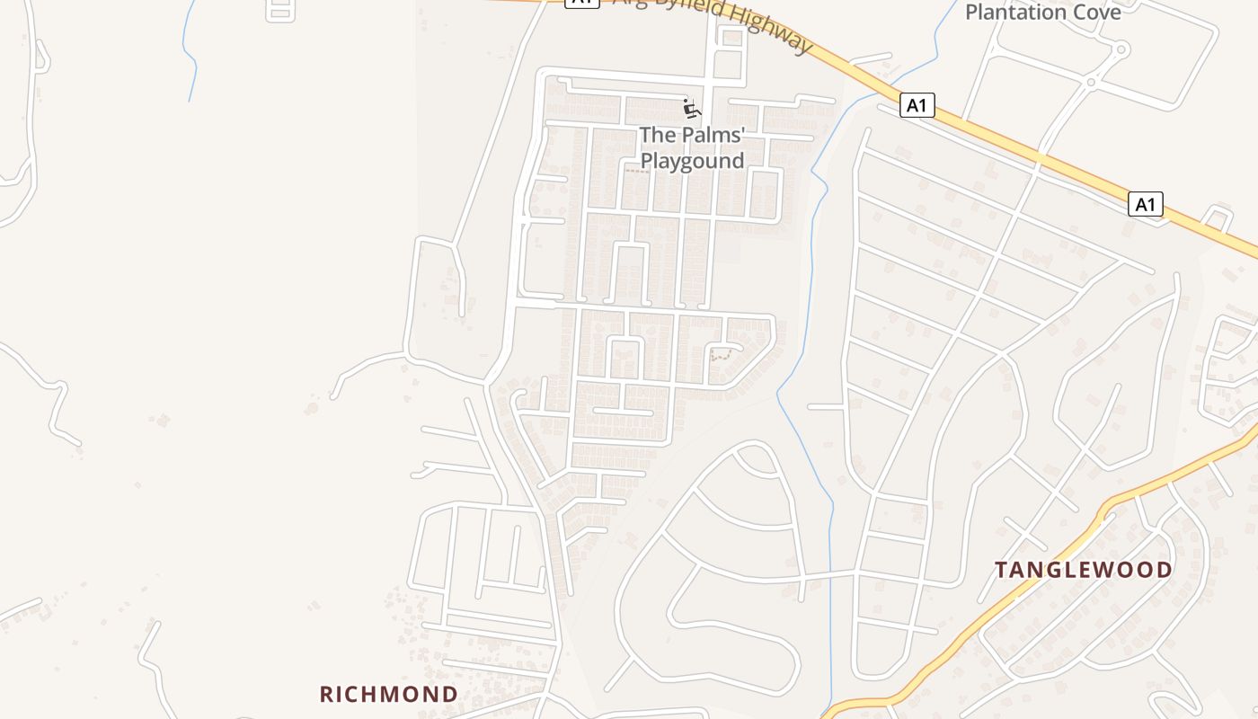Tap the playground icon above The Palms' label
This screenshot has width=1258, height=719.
690,109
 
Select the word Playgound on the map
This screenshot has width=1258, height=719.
692,161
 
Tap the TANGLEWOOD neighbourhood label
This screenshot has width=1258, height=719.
1083,570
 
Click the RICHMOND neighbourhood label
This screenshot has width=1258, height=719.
389,694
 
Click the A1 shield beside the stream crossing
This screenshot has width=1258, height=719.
917,106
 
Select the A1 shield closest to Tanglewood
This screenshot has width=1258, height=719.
1145,205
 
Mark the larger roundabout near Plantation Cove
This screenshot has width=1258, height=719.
1121,50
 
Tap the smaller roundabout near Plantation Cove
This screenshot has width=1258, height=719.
1091,83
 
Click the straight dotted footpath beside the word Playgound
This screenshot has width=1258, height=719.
637,169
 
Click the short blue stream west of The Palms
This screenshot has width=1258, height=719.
189,54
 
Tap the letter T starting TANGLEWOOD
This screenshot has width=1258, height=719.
1001,570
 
